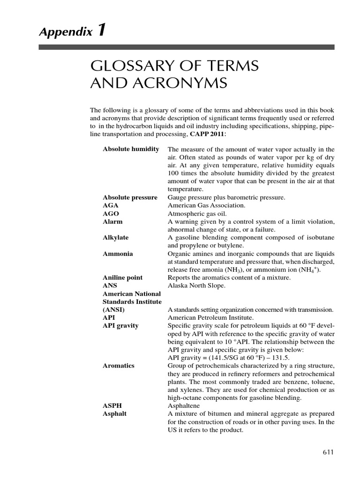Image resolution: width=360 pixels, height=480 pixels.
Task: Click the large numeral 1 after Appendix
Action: (x=101, y=31)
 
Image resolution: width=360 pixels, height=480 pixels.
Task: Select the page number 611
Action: (x=328, y=452)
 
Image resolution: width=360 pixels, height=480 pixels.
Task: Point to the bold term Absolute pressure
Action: (x=130, y=197)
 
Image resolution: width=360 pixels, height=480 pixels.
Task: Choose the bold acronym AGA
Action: (x=110, y=205)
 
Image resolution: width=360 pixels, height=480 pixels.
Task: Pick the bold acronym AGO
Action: (x=110, y=213)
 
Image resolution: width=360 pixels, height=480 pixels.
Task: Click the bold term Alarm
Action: (x=112, y=221)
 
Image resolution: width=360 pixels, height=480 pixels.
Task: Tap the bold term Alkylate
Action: (x=115, y=237)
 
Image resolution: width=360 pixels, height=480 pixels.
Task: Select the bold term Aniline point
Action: (x=123, y=277)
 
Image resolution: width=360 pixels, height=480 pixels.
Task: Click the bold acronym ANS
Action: (x=110, y=285)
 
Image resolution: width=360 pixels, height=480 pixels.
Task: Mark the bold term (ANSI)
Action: (x=114, y=309)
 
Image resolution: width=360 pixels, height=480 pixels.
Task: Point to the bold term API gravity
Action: (x=120, y=325)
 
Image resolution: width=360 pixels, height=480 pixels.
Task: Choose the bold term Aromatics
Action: (x=119, y=365)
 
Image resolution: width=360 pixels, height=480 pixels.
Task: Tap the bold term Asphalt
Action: (x=115, y=414)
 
